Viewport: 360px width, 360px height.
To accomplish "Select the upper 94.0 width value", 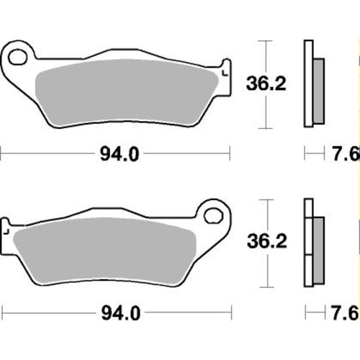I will (x=114, y=153).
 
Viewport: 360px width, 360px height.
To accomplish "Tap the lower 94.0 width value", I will (x=114, y=312).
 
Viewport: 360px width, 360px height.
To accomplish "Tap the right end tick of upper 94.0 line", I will (x=229, y=153).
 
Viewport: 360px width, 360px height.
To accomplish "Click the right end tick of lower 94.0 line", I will (x=229, y=312).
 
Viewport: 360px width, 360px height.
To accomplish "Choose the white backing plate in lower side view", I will (x=308, y=244).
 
